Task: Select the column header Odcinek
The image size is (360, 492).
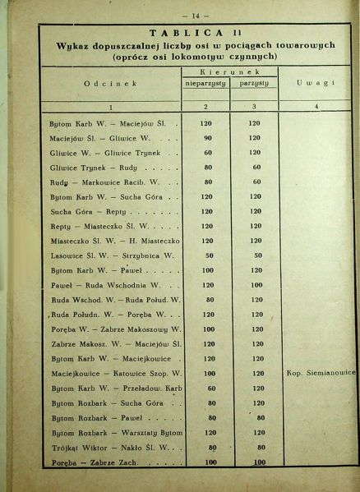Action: pyautogui.click(x=110, y=83)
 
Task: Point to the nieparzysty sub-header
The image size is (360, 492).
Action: pyautogui.click(x=205, y=84)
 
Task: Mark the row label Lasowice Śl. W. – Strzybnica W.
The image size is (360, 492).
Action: pyautogui.click(x=108, y=255)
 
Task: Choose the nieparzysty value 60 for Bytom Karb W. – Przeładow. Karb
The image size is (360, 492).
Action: pyautogui.click(x=211, y=387)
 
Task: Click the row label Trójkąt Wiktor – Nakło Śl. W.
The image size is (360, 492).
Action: pyautogui.click(x=109, y=447)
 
